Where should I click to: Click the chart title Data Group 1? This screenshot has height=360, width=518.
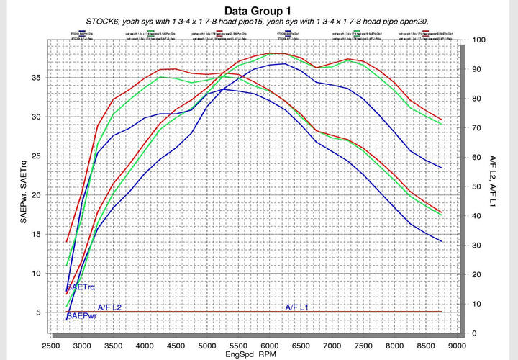[x=259, y=11]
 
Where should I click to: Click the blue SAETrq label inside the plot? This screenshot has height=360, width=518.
[x=81, y=287]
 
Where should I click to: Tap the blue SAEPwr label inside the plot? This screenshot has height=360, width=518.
[x=81, y=315]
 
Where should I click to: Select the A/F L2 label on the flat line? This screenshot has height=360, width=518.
[x=109, y=307]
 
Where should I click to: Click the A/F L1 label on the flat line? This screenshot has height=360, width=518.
[x=297, y=307]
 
